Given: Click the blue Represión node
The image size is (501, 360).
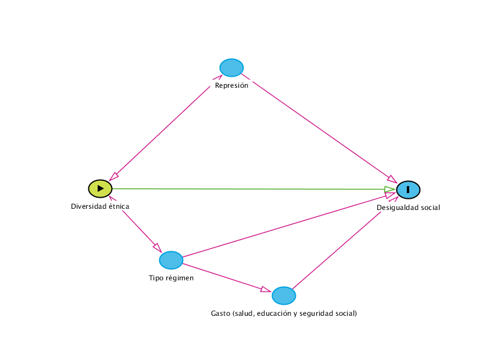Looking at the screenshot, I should pyautogui.click(x=231, y=67).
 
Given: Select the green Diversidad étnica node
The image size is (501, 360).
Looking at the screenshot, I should pyautogui.click(x=100, y=188).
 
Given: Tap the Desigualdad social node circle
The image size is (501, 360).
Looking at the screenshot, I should pyautogui.click(x=408, y=190).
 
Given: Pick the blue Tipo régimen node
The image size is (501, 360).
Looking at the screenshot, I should pyautogui.click(x=171, y=260).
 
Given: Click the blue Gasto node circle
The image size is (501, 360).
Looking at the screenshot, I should pyautogui.click(x=284, y=295).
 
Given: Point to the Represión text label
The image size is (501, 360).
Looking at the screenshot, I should pyautogui.click(x=231, y=85).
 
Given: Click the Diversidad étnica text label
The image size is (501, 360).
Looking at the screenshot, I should pyautogui.click(x=100, y=206).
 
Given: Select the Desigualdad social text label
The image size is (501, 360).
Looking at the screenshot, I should pyautogui.click(x=408, y=208).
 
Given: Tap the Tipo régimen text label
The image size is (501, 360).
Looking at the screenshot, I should pyautogui.click(x=171, y=278).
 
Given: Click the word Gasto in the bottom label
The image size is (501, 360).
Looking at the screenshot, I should pyautogui.click(x=220, y=313).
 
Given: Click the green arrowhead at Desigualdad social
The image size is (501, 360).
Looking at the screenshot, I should pyautogui.click(x=389, y=190).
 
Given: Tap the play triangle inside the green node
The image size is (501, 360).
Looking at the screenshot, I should pyautogui.click(x=101, y=188).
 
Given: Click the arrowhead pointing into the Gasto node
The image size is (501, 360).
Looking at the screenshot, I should pyautogui.click(x=266, y=290).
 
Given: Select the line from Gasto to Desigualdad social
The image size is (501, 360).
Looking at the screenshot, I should pyautogui.click(x=343, y=244).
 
